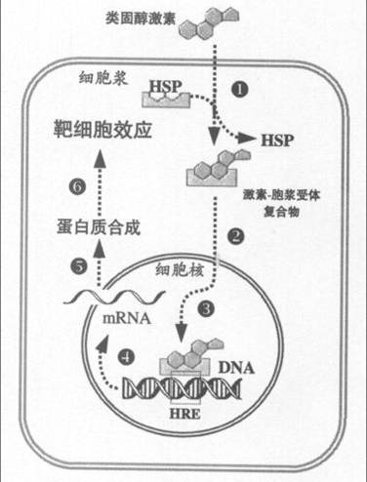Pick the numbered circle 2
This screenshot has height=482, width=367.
click(x=235, y=235)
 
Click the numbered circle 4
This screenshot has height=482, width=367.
click(x=128, y=354)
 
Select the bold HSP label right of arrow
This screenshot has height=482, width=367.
click(x=278, y=142)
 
